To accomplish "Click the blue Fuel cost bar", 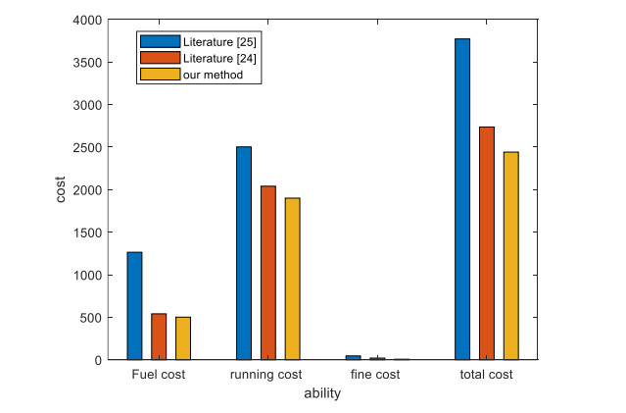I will coord(134,306).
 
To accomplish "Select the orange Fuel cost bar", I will coord(159,336).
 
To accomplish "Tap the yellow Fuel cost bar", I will coord(183,338).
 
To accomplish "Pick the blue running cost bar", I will coord(244,253).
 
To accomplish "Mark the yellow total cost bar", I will coord(511,256).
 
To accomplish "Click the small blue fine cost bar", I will coord(353,357).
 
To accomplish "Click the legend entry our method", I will coord(213,76).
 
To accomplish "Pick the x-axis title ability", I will coord(322,394).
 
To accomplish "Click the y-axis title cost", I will coord(61,189).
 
